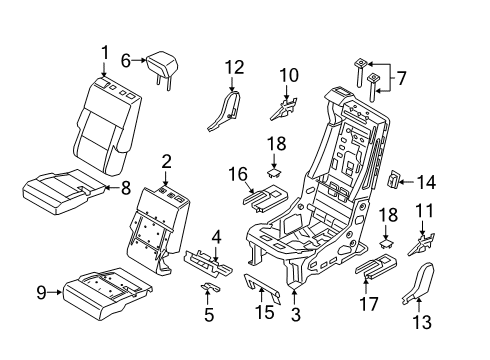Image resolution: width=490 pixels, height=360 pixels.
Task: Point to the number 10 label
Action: (289, 75)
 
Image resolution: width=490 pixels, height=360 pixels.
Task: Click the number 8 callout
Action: (126, 186)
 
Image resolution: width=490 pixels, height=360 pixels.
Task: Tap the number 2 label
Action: (167, 161)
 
